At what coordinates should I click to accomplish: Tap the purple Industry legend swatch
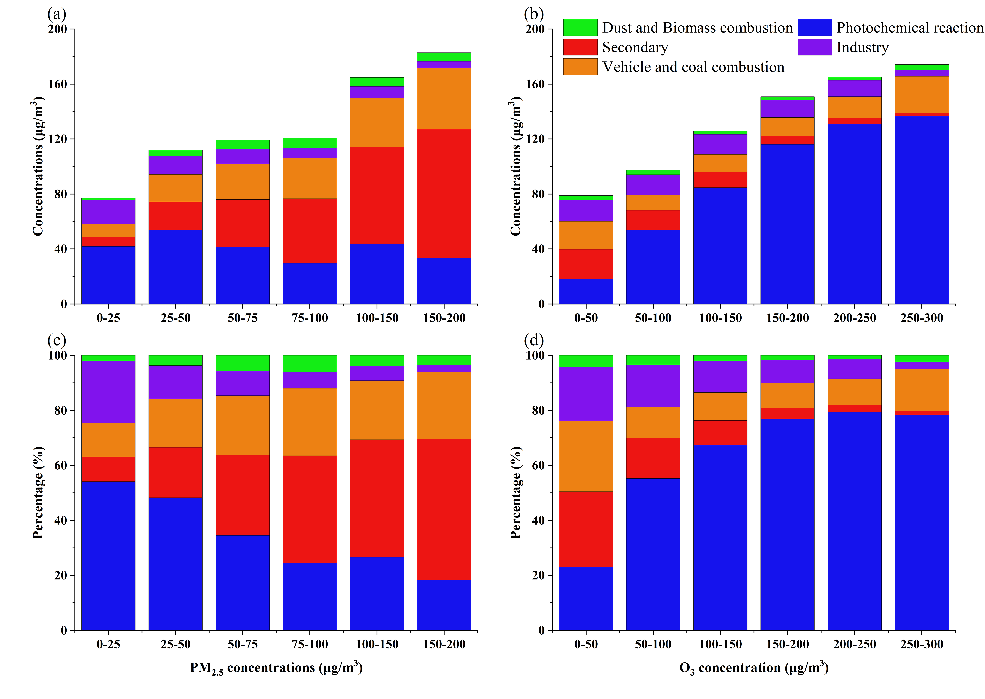814,47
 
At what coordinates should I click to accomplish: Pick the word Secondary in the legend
635,47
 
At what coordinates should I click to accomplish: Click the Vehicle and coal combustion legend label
693,67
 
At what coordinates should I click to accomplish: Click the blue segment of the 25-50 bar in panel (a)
175,267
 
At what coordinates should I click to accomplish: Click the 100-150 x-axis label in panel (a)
377,318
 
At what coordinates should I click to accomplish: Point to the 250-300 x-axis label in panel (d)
921,644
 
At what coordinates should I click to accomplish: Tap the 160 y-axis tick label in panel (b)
535,84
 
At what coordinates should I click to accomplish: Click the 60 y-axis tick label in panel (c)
61,466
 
